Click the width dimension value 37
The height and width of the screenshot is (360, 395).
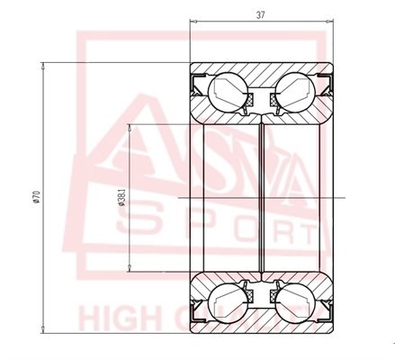point(261,15)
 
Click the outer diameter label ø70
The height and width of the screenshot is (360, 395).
point(33,196)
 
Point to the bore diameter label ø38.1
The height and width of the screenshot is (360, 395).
point(121,198)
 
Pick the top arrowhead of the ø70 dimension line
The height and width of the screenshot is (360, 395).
point(45,65)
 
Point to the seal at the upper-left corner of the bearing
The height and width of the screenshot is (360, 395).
point(196,85)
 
